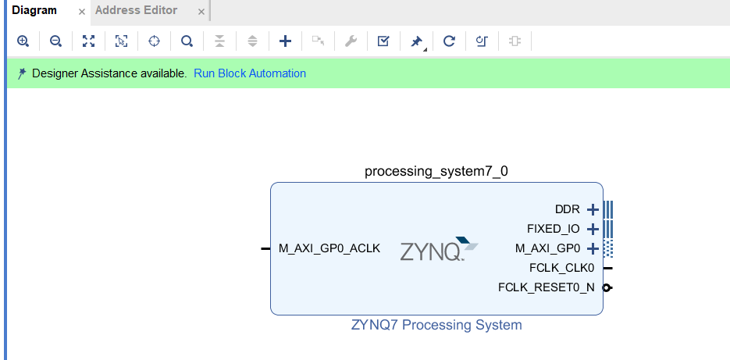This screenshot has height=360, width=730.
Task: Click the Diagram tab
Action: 34,10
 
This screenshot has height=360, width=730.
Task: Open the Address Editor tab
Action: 136,10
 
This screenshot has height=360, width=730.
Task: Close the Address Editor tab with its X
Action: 201,12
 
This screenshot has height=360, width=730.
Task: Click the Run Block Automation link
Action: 250,73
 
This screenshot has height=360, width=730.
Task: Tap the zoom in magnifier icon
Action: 23,41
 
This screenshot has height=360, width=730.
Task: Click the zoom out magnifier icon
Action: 55,41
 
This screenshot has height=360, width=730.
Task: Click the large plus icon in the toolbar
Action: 285,41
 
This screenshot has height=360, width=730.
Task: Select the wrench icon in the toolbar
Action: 351,41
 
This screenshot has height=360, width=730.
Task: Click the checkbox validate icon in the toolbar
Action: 383,41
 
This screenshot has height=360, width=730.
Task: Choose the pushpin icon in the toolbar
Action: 416,41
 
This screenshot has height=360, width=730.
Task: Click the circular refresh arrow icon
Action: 449,41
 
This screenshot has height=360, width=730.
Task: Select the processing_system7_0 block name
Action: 436,171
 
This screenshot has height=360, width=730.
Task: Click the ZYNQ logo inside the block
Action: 437,250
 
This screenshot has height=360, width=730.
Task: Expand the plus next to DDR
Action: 592,209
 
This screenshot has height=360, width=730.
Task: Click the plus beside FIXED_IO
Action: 592,229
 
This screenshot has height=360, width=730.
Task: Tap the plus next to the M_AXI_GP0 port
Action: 592,249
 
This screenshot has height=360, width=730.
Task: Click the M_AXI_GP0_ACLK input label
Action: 329,249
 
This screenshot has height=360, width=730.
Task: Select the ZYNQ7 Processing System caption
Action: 436,325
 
